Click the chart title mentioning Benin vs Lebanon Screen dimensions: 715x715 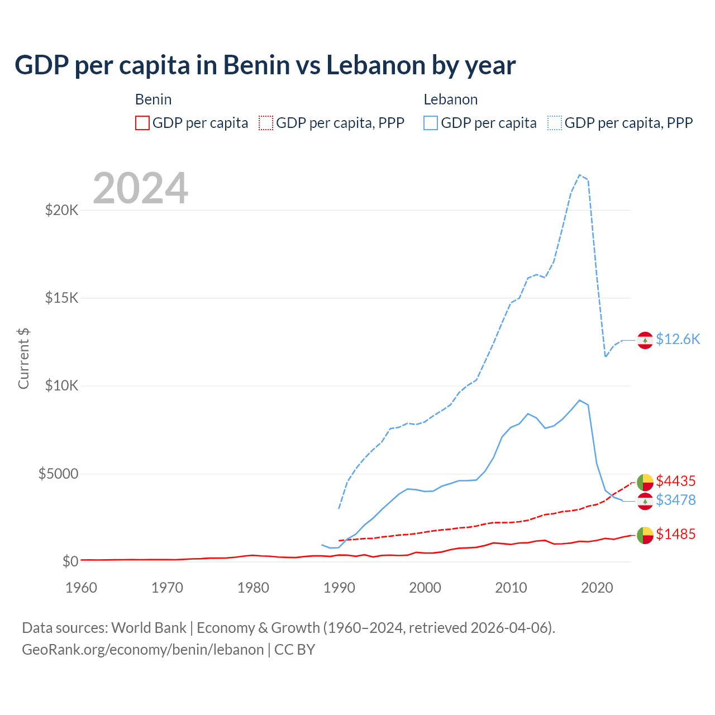click(x=265, y=65)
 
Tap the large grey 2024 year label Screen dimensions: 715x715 click(x=140, y=189)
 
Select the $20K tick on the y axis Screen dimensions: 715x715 click(x=61, y=211)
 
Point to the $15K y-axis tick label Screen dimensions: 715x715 click(x=61, y=298)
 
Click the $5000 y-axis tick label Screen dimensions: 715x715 click(x=58, y=474)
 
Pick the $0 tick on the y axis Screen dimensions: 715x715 click(x=70, y=561)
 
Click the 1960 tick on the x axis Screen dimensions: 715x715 click(x=82, y=588)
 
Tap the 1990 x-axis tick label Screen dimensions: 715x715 click(x=339, y=588)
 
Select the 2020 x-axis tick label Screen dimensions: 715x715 click(x=597, y=588)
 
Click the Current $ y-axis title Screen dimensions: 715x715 click(x=23, y=358)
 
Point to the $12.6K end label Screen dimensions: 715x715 click(x=678, y=340)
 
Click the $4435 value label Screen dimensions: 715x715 click(x=675, y=481)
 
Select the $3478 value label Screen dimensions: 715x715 click(x=675, y=500)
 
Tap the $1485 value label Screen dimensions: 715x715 click(x=675, y=535)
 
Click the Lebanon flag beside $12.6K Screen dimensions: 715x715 click(x=645, y=340)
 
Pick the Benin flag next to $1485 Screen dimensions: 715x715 click(x=645, y=535)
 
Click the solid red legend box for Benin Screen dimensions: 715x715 click(x=142, y=123)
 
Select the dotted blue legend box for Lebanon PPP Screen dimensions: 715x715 click(x=555, y=123)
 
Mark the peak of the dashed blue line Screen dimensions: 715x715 click(x=579, y=175)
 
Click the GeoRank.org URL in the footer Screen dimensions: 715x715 click(x=142, y=650)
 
